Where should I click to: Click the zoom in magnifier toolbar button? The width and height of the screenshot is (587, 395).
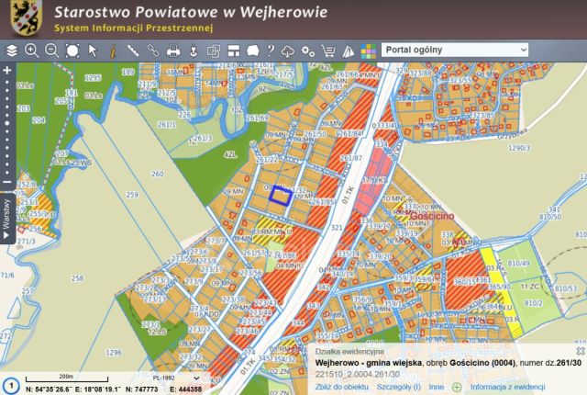[32, 51]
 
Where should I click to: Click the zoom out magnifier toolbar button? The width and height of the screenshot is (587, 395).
[52, 51]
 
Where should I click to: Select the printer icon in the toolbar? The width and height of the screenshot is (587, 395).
[173, 51]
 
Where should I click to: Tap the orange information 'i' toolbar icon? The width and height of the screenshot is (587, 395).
[113, 51]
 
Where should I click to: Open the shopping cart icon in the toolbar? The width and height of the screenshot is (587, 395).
[327, 51]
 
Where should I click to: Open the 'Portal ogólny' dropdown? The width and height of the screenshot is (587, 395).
[456, 49]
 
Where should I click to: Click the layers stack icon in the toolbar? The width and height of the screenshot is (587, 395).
[12, 51]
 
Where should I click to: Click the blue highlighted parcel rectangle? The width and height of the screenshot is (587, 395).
[280, 193]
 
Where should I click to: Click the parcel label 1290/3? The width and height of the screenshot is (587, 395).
[520, 147]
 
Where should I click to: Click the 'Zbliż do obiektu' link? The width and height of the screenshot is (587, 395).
[340, 388]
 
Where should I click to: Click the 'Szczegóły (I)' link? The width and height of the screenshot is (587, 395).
[398, 388]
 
